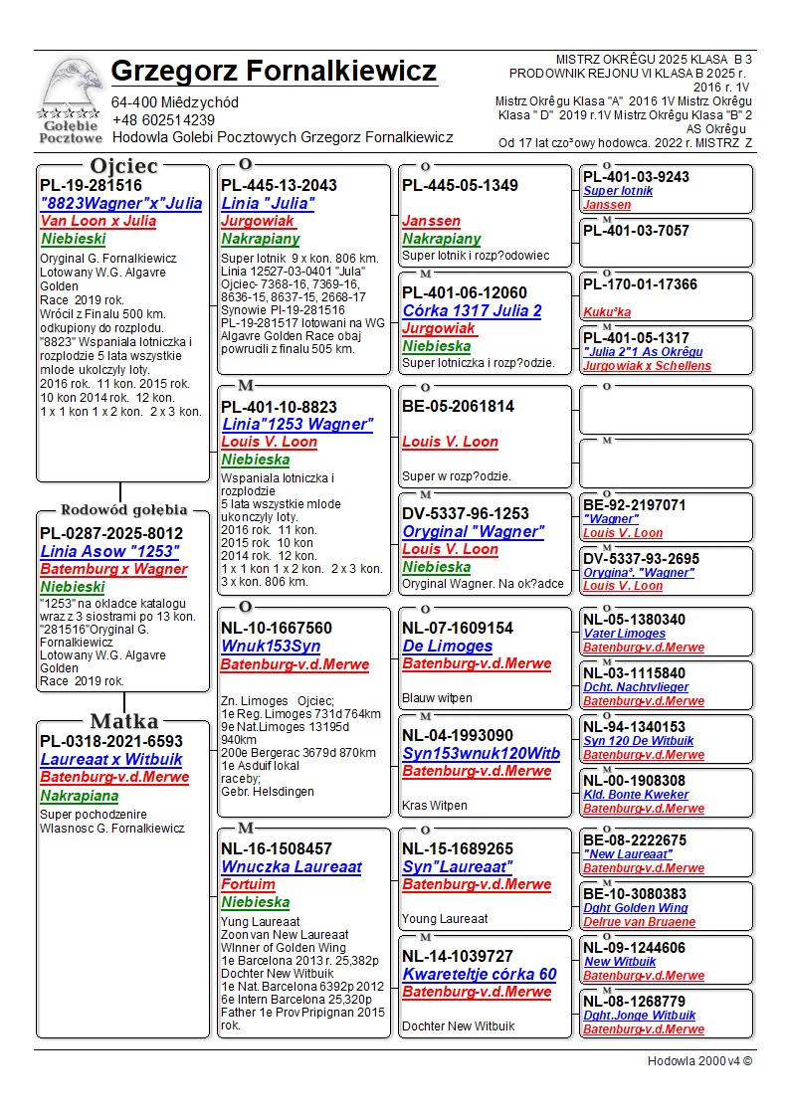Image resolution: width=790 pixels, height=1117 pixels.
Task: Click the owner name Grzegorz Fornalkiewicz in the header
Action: [274, 72]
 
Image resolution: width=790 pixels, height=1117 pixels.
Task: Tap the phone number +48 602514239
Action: [163, 119]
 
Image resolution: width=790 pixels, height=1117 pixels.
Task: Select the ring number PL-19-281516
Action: [91, 185]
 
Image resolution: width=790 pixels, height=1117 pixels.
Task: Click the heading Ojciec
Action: [123, 166]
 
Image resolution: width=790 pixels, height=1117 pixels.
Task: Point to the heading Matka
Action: [123, 721]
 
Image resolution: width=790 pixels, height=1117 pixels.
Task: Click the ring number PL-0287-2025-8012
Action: [111, 533]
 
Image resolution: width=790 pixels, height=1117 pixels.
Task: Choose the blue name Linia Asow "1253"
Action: [109, 551]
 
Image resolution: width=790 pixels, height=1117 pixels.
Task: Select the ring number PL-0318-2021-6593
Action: [111, 741]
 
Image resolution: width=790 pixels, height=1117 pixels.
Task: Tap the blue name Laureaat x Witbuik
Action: [111, 759]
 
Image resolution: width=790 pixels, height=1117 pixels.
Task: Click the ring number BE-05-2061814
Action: [458, 406]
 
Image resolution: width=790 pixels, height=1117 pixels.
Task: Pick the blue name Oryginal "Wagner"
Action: [474, 531]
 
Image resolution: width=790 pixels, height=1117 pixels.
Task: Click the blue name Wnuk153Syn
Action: [271, 647]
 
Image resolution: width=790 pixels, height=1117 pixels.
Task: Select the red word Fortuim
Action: [248, 884]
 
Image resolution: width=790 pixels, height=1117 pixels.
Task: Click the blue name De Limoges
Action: [447, 647]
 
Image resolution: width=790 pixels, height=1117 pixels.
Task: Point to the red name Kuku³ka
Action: [607, 311]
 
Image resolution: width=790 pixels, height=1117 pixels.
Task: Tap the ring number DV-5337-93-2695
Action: [641, 559]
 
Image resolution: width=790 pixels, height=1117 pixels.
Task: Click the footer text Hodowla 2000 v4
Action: [698, 1060]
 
